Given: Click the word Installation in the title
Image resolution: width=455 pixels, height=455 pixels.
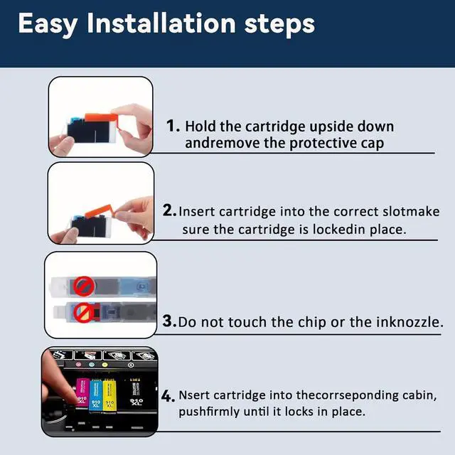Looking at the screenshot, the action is pyautogui.click(x=161, y=23).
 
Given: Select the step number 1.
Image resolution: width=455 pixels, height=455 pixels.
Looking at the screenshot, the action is pyautogui.click(x=173, y=126).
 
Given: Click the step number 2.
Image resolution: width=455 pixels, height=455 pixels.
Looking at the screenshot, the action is pyautogui.click(x=169, y=210).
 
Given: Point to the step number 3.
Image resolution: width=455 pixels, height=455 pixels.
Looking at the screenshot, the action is pyautogui.click(x=169, y=321).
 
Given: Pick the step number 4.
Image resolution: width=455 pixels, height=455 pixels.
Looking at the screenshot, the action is pyautogui.click(x=168, y=396).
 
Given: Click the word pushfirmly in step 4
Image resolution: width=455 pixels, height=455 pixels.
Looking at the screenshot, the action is pyautogui.click(x=209, y=412).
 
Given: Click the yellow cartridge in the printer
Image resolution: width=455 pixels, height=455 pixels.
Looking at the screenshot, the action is pyautogui.click(x=109, y=395).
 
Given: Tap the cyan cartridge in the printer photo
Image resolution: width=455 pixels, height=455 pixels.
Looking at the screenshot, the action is pyautogui.click(x=96, y=395).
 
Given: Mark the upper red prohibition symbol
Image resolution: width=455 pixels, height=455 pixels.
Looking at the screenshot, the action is pyautogui.click(x=84, y=286).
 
